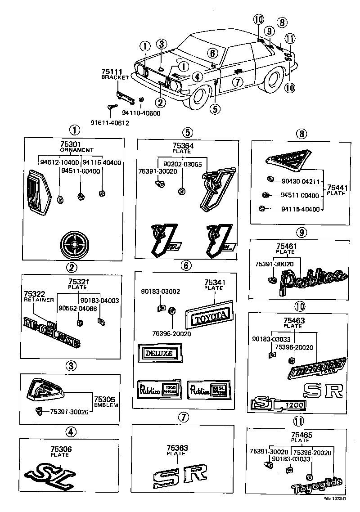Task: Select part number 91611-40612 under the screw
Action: tap(106, 123)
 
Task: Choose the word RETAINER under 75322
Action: tap(39, 300)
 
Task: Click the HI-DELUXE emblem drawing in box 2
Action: tap(52, 333)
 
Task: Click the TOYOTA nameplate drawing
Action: tap(210, 318)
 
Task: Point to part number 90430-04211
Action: tap(300, 182)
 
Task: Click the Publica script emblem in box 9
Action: tap(311, 281)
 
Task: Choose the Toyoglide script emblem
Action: tap(316, 485)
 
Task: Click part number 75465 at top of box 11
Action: tap(301, 435)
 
